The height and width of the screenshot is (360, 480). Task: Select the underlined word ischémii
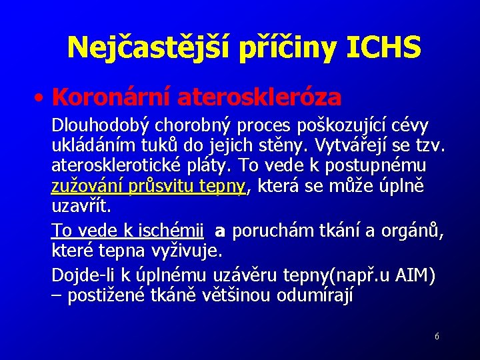pos(169,232)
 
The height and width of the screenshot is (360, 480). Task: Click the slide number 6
pos(437,337)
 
